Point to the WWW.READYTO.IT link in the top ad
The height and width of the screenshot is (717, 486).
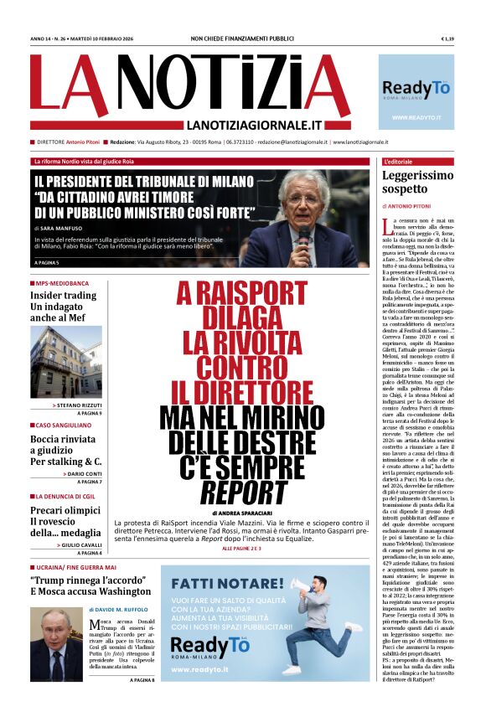(416, 118)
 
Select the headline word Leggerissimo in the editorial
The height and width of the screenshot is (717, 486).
(417, 176)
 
